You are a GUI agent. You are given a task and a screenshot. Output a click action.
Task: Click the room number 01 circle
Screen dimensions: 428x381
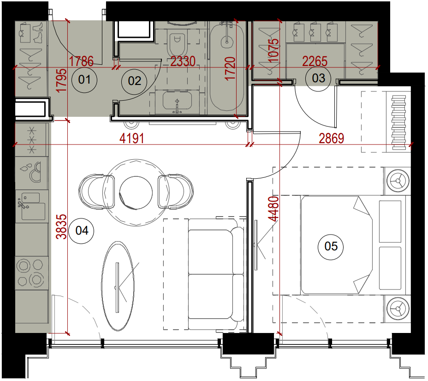click(x=84, y=79)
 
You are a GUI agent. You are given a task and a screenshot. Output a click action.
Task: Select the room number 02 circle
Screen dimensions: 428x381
click(x=134, y=81)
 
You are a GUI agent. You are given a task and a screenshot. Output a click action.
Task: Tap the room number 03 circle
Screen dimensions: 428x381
click(x=318, y=78)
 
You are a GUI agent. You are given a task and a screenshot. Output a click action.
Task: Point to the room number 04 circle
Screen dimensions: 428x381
click(x=82, y=230)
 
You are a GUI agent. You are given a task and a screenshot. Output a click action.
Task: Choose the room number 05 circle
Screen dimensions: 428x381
click(x=331, y=246)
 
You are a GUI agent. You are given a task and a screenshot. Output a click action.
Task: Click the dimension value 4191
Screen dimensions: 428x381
click(x=132, y=138)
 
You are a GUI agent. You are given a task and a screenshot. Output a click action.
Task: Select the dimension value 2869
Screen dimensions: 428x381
click(x=331, y=138)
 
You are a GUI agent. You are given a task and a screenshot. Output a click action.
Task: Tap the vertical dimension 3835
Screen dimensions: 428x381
click(x=61, y=227)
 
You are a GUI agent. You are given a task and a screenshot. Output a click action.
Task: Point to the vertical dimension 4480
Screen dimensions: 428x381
click(x=273, y=209)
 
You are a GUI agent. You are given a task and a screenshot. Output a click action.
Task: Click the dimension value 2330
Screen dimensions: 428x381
click(x=183, y=61)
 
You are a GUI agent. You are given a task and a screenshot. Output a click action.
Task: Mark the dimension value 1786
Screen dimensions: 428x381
click(x=81, y=61)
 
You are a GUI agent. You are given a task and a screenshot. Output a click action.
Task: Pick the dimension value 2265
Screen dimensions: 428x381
click(x=315, y=61)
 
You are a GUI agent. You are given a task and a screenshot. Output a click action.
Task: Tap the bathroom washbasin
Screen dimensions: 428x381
click(x=177, y=101)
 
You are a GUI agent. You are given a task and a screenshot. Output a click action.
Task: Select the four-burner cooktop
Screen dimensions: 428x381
click(x=30, y=273)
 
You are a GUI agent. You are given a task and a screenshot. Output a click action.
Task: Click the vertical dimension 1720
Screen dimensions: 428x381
click(x=230, y=68)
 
